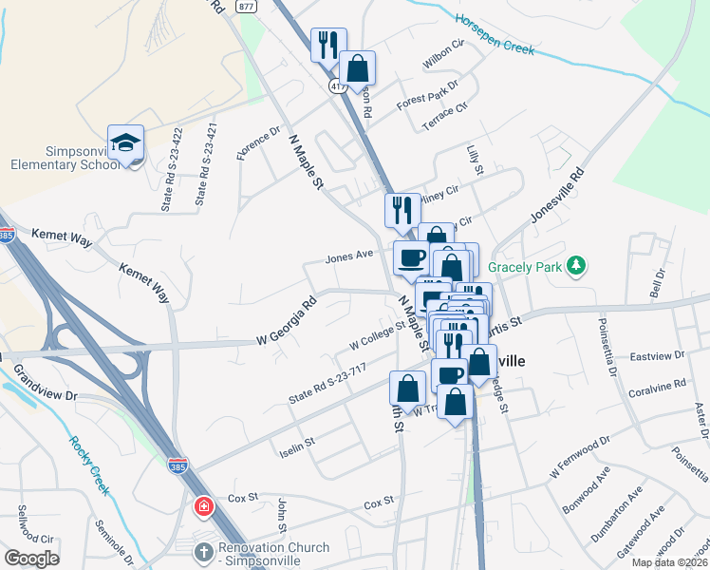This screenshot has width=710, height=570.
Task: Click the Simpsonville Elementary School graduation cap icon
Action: click(x=125, y=142)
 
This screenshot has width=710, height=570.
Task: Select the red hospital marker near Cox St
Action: click(x=203, y=506)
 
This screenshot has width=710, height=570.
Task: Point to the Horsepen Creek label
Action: click(x=495, y=33)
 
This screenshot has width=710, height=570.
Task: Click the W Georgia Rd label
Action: click(x=286, y=323)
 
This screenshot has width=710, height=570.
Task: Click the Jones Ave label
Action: click(x=348, y=257)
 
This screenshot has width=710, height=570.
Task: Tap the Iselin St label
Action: click(x=295, y=442)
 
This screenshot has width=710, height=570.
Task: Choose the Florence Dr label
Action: click(x=260, y=143)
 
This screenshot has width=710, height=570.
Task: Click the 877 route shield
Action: click(x=247, y=6)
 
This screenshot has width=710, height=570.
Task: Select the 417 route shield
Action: click(x=337, y=86)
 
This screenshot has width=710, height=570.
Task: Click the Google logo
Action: click(x=31, y=559)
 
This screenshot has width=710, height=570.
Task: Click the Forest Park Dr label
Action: click(x=427, y=96)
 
